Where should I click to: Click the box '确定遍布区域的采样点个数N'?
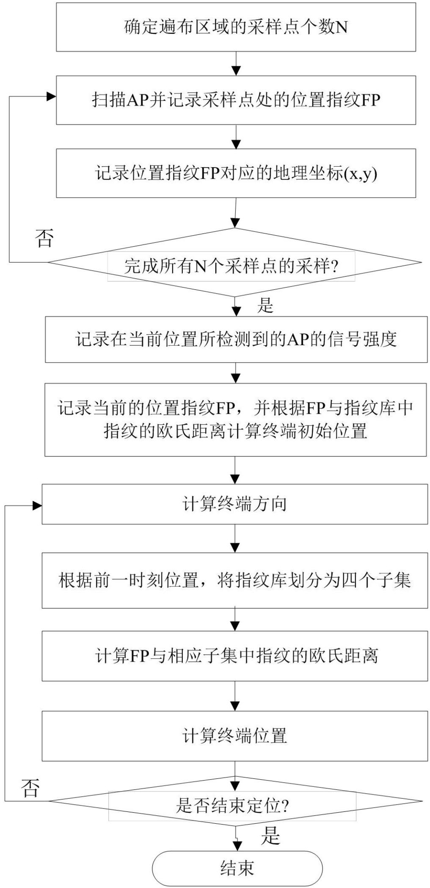point(236,27)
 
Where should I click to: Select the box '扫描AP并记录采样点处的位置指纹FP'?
point(236,100)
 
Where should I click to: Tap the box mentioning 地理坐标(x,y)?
point(236,173)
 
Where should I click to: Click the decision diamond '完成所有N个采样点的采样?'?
point(234,263)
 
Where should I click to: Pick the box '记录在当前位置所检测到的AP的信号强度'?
point(236,339)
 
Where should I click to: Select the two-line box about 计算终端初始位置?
point(236,420)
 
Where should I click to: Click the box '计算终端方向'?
point(235,504)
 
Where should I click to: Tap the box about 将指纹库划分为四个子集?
point(235,580)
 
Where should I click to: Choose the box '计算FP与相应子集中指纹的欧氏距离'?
point(235,656)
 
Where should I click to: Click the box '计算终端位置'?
point(235,736)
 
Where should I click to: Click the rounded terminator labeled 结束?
point(237,869)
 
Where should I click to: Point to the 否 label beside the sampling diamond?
point(44,238)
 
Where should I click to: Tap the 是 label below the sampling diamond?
point(266,305)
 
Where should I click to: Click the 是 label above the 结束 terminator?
point(271,836)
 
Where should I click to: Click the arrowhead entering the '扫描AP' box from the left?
point(51,96)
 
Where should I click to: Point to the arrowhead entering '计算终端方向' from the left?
point(37,506)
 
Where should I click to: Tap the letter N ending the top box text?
point(342,27)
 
